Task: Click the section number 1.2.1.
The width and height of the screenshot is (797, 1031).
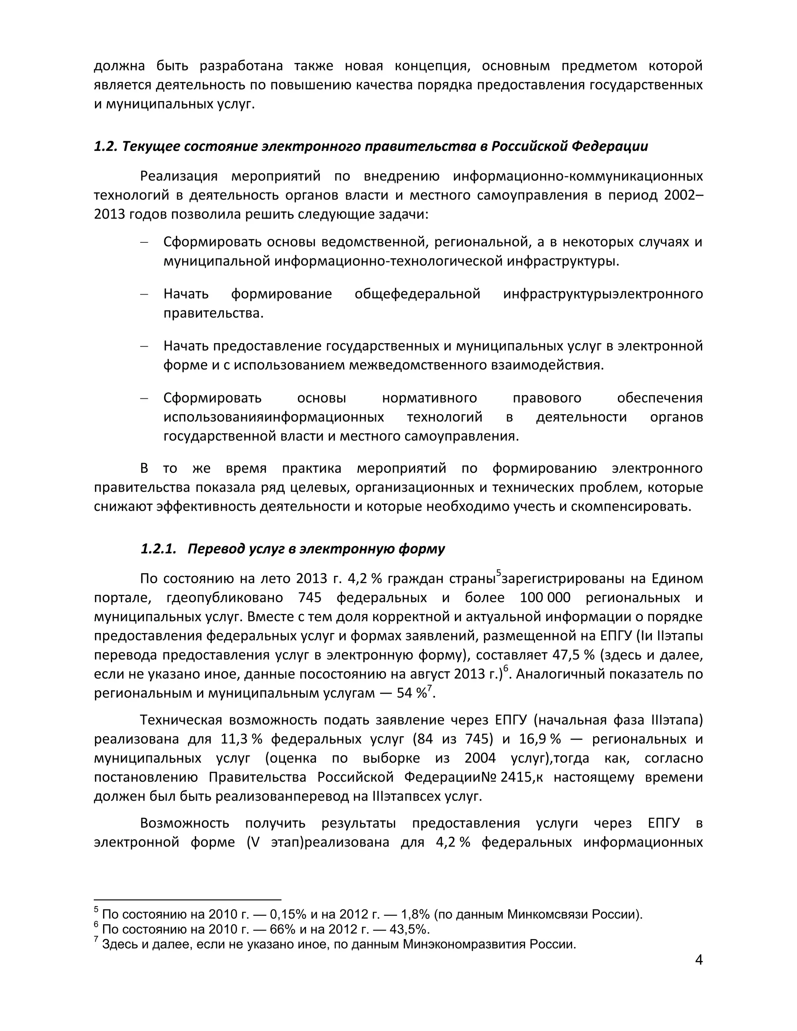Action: [158, 549]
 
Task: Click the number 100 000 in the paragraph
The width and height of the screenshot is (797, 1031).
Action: [545, 598]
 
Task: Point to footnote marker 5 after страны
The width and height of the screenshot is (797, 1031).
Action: [498, 573]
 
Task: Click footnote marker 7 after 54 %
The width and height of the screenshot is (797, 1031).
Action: [429, 687]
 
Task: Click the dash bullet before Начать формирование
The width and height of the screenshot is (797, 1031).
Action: [144, 294]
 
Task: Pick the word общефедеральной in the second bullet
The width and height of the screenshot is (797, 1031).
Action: [418, 294]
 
